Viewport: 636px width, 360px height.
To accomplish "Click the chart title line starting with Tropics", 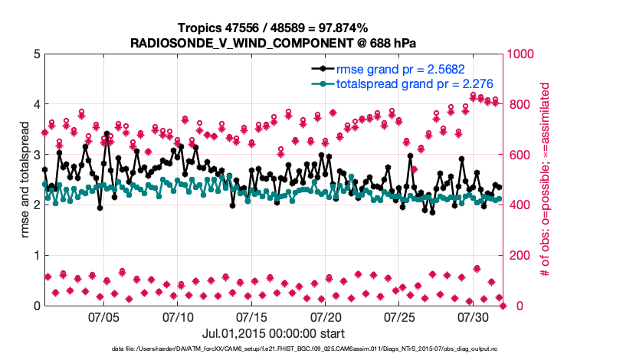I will click(x=274, y=28).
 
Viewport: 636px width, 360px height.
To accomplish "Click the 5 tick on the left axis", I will click(x=37, y=54).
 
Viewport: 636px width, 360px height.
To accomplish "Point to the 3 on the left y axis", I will click(x=37, y=155).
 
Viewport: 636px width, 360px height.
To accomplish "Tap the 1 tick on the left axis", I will click(x=37, y=256).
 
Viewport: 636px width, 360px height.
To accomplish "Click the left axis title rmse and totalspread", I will click(x=25, y=180).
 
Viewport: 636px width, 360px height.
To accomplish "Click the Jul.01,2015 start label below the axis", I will click(x=274, y=333).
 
